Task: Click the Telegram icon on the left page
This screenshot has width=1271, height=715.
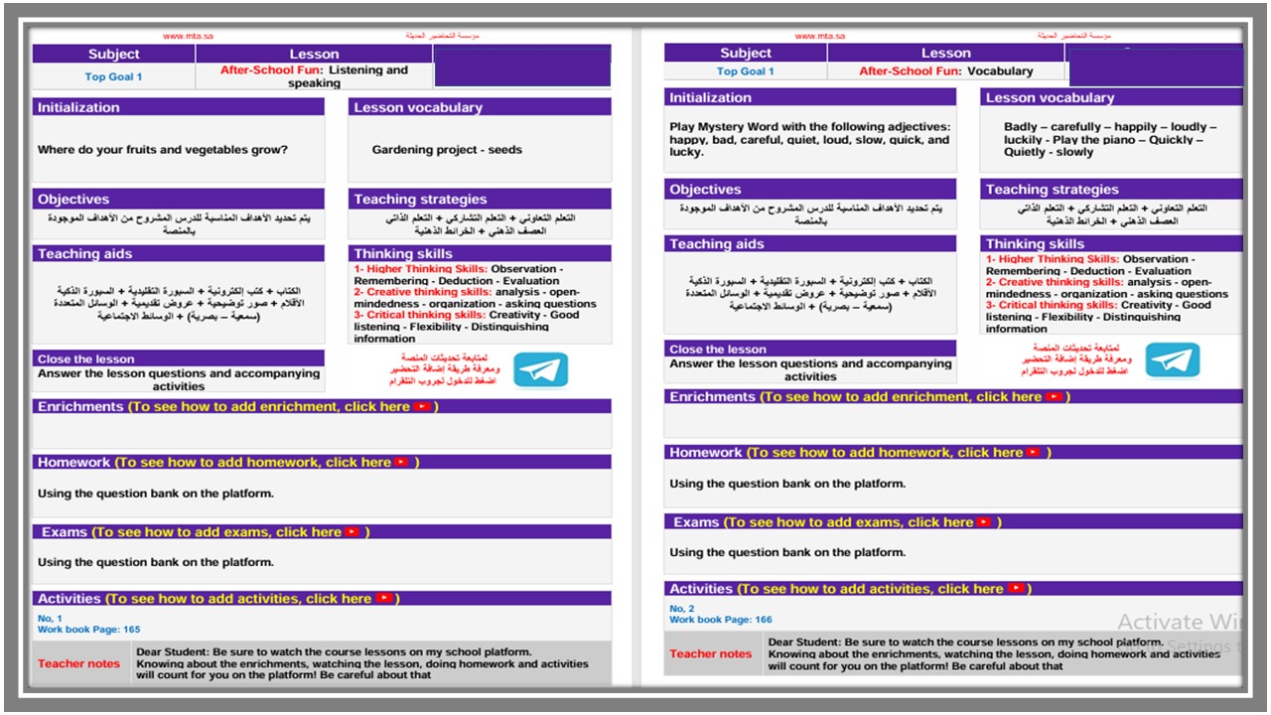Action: click(541, 369)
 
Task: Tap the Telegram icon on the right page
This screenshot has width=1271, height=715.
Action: click(1173, 359)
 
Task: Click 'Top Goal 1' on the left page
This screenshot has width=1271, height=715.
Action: click(113, 76)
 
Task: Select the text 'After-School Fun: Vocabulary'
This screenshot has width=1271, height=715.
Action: click(945, 71)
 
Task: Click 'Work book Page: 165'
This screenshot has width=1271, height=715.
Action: click(89, 630)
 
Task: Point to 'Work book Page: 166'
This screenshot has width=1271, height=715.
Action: click(721, 620)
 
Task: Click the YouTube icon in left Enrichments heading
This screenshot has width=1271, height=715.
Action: click(424, 406)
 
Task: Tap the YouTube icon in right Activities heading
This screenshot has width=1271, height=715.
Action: click(1016, 589)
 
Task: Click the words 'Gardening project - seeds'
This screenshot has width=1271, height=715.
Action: click(447, 150)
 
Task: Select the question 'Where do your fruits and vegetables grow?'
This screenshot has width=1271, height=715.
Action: click(163, 150)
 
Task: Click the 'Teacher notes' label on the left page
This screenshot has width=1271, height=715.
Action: click(78, 663)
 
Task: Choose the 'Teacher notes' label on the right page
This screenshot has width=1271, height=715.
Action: click(710, 653)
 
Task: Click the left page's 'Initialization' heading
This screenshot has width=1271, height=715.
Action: click(78, 107)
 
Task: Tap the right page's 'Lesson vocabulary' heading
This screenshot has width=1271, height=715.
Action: click(1050, 97)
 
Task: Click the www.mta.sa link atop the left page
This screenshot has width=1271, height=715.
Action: click(188, 37)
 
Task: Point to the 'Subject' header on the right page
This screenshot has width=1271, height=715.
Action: click(746, 54)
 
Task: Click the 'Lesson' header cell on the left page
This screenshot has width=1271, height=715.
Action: click(314, 55)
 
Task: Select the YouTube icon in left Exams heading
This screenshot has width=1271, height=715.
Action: click(352, 532)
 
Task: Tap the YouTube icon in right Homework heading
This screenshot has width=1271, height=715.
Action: click(1034, 452)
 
